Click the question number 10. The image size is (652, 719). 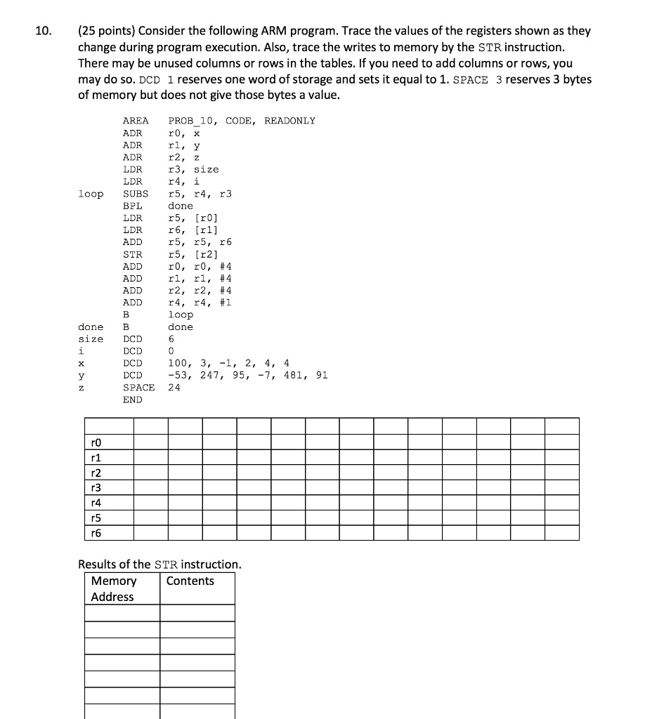point(43,31)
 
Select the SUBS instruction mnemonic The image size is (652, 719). point(135,194)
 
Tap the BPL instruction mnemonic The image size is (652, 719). point(132,206)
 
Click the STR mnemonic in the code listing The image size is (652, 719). point(132,254)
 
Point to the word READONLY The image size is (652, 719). point(289,121)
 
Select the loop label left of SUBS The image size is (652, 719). point(91,194)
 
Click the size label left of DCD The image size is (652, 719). point(91,339)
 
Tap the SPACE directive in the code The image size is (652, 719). point(138,387)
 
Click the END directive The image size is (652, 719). point(132,400)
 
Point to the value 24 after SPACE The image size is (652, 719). point(174,387)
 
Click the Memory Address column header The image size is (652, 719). point(114,588)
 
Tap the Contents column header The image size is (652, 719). point(190,581)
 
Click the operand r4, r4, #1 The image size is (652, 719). point(200,303)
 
